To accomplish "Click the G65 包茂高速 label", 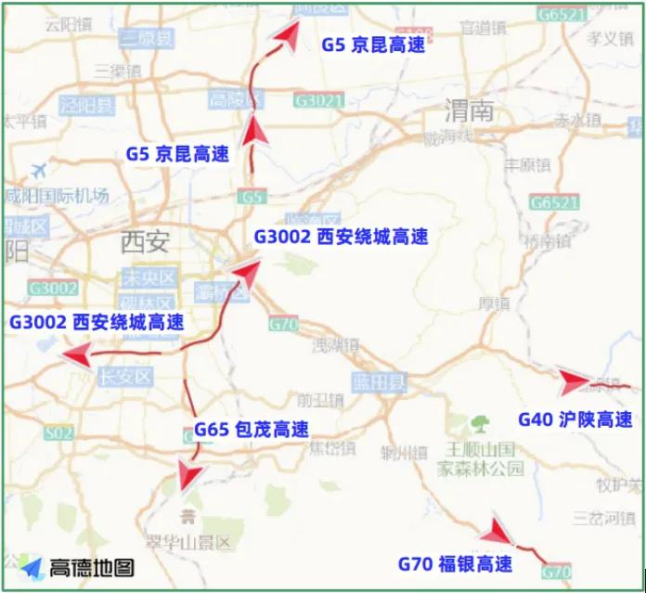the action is click(x=252, y=430).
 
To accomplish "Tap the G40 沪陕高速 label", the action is click(x=575, y=419).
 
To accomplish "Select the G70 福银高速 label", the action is click(x=455, y=563).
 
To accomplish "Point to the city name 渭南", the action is click(x=469, y=112).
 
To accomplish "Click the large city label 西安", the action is click(x=146, y=243).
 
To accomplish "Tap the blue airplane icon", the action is click(x=39, y=171).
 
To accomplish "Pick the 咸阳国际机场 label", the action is click(x=58, y=195).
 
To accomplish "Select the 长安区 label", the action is click(x=124, y=376).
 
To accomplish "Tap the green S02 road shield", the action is click(x=58, y=432).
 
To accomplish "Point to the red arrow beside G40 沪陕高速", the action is click(x=574, y=381).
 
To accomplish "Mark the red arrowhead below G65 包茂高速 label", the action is click(x=191, y=475).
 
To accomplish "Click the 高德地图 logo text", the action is click(x=92, y=567).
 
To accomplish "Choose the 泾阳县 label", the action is click(x=86, y=103).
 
